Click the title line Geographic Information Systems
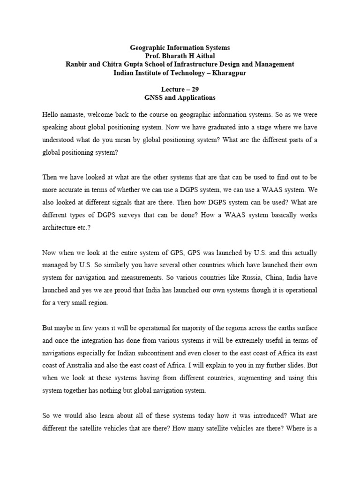180,48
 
